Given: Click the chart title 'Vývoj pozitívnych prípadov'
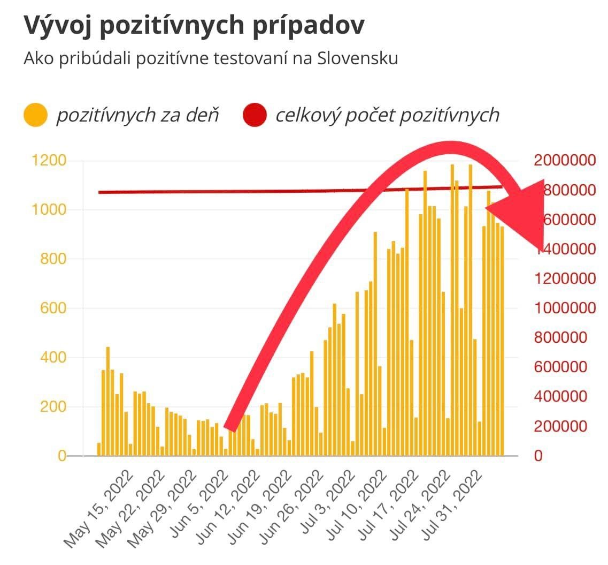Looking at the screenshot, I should click(x=194, y=26).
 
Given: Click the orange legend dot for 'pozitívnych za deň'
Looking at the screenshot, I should click(x=36, y=116).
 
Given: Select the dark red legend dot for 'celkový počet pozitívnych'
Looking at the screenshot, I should click(x=255, y=116).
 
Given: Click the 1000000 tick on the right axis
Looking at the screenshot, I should click(x=565, y=308).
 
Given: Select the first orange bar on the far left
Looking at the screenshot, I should click(x=99, y=449).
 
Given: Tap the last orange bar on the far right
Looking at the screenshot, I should click(x=502, y=341).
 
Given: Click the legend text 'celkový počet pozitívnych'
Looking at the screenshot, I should click(x=387, y=116).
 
